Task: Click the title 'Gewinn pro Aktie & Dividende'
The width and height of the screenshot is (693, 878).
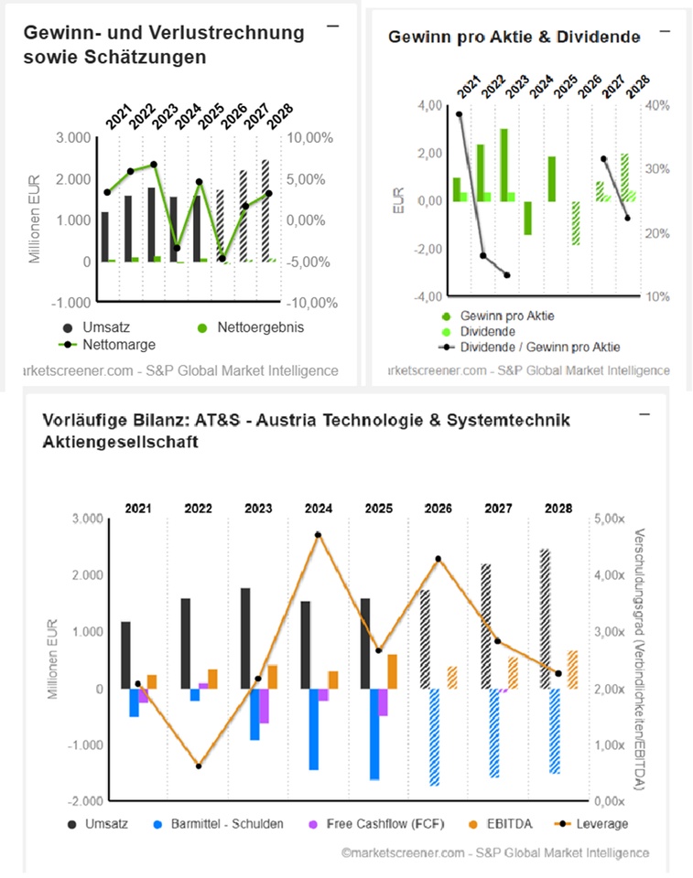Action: tap(514, 37)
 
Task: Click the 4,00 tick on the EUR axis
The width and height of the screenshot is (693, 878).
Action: tap(403, 105)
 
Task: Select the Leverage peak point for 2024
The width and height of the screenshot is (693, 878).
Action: tap(318, 535)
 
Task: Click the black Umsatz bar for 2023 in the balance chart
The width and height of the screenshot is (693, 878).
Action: tap(245, 637)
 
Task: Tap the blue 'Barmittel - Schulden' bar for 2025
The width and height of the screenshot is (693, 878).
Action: tap(374, 733)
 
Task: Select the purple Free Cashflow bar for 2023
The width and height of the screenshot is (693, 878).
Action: tap(264, 705)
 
